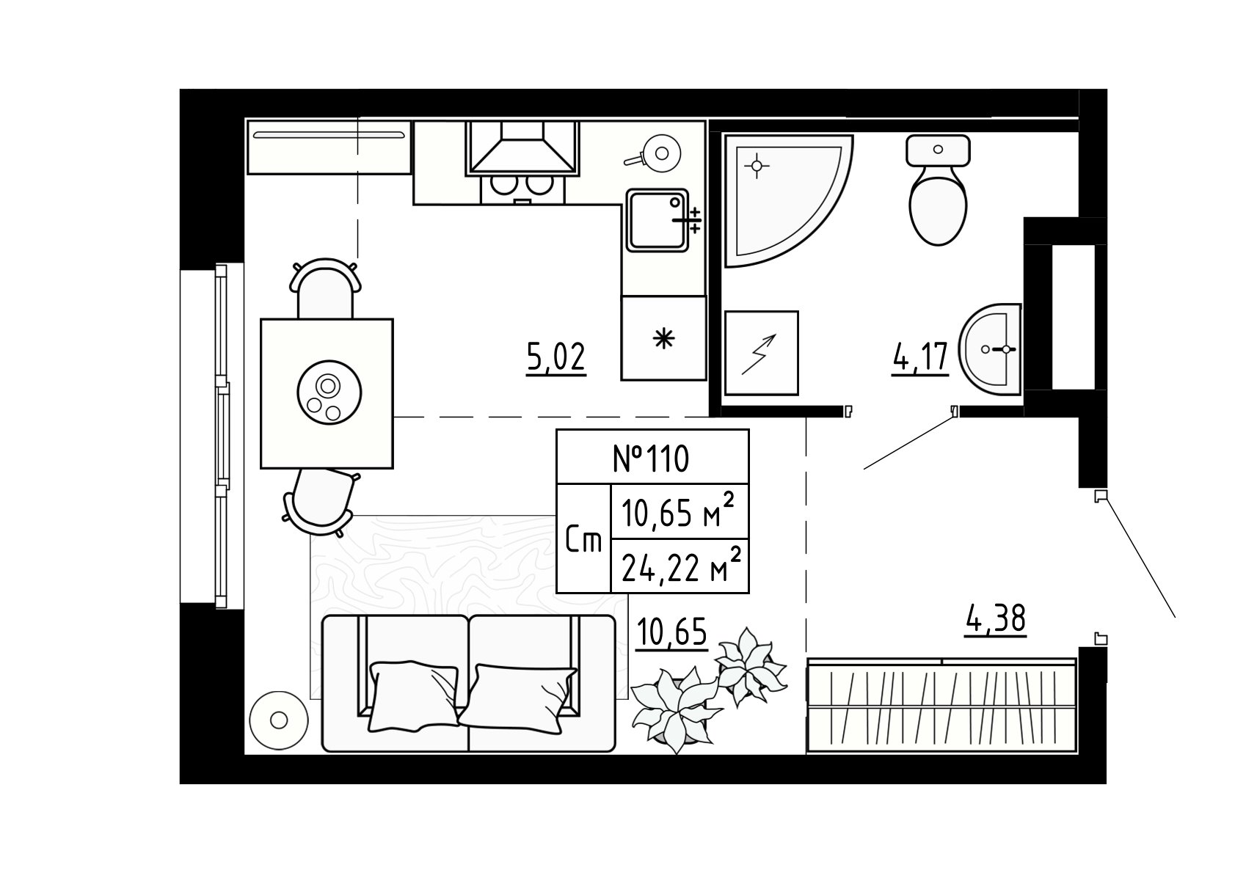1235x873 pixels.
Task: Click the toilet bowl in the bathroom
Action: [938, 190]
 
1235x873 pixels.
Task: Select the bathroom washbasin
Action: [991, 349]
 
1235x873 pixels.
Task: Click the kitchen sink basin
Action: [657, 221]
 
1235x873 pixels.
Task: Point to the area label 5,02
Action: [555, 357]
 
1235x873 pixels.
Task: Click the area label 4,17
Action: [920, 357]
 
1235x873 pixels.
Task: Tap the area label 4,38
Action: [996, 618]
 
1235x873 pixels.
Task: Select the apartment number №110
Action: [651, 458]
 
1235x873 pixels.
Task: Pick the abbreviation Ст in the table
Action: [583, 541]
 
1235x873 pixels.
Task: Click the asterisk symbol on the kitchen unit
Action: [664, 338]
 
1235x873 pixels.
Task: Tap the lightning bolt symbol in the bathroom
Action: [759, 354]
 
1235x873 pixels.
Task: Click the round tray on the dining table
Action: [329, 392]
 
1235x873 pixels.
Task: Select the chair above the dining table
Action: [325, 288]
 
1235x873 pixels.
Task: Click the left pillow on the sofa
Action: [414, 696]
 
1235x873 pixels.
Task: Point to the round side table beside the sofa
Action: [278, 720]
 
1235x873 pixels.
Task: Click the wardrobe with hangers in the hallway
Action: [941, 704]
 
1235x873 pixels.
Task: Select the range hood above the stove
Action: [522, 147]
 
